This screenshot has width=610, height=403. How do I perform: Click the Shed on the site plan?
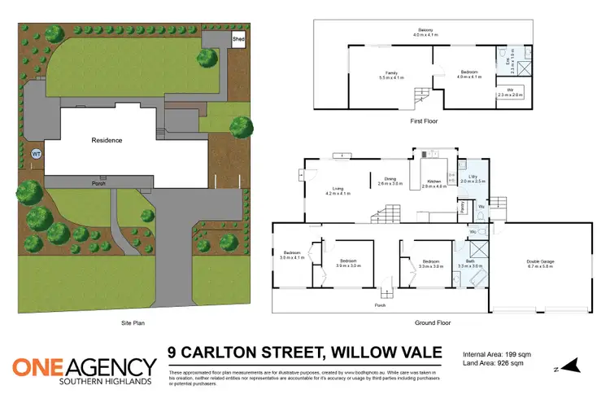click(x=239, y=38)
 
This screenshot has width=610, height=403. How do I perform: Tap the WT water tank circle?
click(x=36, y=154)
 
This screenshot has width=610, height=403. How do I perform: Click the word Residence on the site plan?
click(x=107, y=140)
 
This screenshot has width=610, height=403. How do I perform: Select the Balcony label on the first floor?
click(x=416, y=33)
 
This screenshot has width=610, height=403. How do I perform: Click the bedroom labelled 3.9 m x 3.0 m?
click(x=349, y=263)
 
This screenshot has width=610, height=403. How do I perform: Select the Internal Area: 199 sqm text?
click(x=496, y=354)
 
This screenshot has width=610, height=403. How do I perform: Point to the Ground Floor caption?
click(x=434, y=323)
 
